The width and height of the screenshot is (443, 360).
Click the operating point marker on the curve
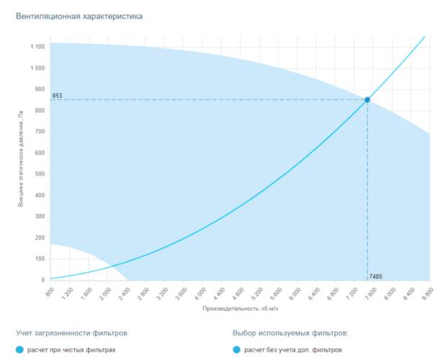(367, 99)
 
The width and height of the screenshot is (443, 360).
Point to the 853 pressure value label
(57, 96)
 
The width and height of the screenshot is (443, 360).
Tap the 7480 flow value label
(376, 276)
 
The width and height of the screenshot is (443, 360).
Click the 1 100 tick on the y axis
(38, 47)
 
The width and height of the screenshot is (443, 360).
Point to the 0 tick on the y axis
(43, 280)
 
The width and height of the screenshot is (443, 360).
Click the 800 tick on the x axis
(49, 292)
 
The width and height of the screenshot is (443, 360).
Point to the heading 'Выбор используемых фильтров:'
(290, 333)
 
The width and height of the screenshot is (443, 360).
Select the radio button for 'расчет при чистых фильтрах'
(20, 350)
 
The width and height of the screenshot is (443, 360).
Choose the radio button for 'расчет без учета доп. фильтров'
(237, 350)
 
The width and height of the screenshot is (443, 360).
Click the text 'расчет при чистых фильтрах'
(71, 350)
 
